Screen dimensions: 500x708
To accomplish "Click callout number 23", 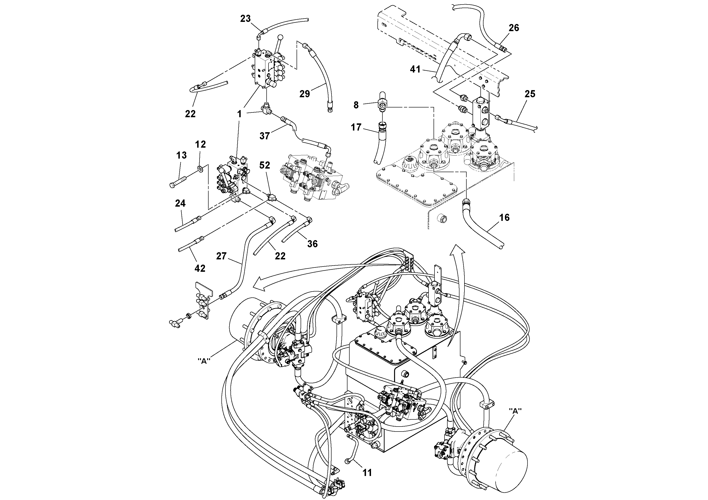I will point(245,19).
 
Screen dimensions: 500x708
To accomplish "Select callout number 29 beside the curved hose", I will point(304,94).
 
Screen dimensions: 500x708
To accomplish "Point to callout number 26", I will point(514,28).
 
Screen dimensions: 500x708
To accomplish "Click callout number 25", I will point(530,94).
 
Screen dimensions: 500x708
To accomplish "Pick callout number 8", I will point(356,105).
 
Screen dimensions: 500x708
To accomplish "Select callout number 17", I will point(356,127).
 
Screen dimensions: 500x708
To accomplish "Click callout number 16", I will point(504,218).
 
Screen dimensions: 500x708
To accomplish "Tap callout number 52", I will point(264,165).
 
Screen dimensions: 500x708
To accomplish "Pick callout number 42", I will point(200,268).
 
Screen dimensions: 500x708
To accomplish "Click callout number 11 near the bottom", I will point(367,481).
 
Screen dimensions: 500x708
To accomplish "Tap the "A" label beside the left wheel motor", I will point(204,361).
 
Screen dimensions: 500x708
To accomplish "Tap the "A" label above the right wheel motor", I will point(515,411).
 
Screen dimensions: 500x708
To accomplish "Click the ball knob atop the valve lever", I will point(281,38).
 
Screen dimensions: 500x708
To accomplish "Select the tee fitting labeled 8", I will point(382,105).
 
